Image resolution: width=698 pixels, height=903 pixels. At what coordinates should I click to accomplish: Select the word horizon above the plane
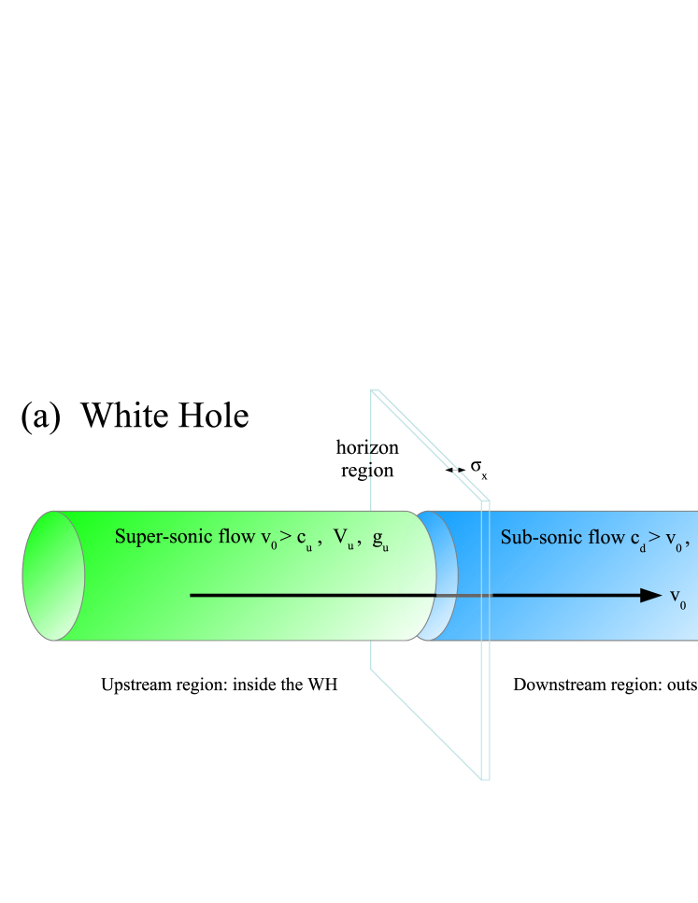367,450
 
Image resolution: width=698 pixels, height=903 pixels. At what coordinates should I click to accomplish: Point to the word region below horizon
367,472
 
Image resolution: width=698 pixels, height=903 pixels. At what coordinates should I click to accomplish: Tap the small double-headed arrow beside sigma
455,471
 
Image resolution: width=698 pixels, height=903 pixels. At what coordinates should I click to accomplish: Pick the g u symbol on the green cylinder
380,540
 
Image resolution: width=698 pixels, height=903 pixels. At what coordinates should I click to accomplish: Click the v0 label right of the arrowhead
677,598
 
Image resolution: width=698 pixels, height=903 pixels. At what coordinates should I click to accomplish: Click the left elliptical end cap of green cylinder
53,575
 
